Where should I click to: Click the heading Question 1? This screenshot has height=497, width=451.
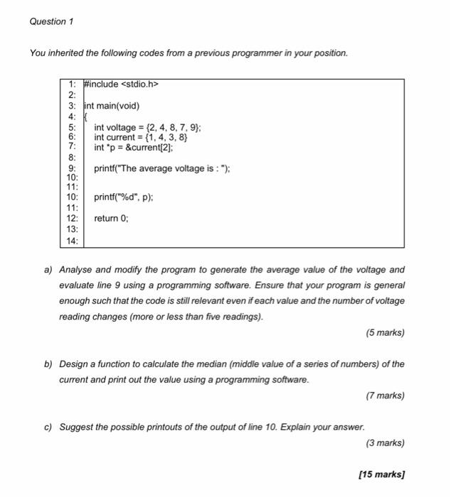tap(51, 21)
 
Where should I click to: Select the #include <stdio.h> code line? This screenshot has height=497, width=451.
tap(120, 84)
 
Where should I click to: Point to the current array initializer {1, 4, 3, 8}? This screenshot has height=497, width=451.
tap(163, 137)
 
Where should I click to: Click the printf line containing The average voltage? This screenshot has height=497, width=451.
tap(161, 168)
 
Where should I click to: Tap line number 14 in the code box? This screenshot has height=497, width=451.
tap(73, 241)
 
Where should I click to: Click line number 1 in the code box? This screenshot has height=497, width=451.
tap(73, 84)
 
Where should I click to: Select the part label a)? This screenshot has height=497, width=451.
tap(48, 270)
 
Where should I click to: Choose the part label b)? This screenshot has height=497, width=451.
tap(48, 364)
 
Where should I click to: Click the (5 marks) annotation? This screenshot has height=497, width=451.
tap(383, 332)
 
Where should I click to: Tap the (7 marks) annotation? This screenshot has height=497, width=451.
tap(383, 395)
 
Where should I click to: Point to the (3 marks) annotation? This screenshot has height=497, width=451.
tap(383, 443)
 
